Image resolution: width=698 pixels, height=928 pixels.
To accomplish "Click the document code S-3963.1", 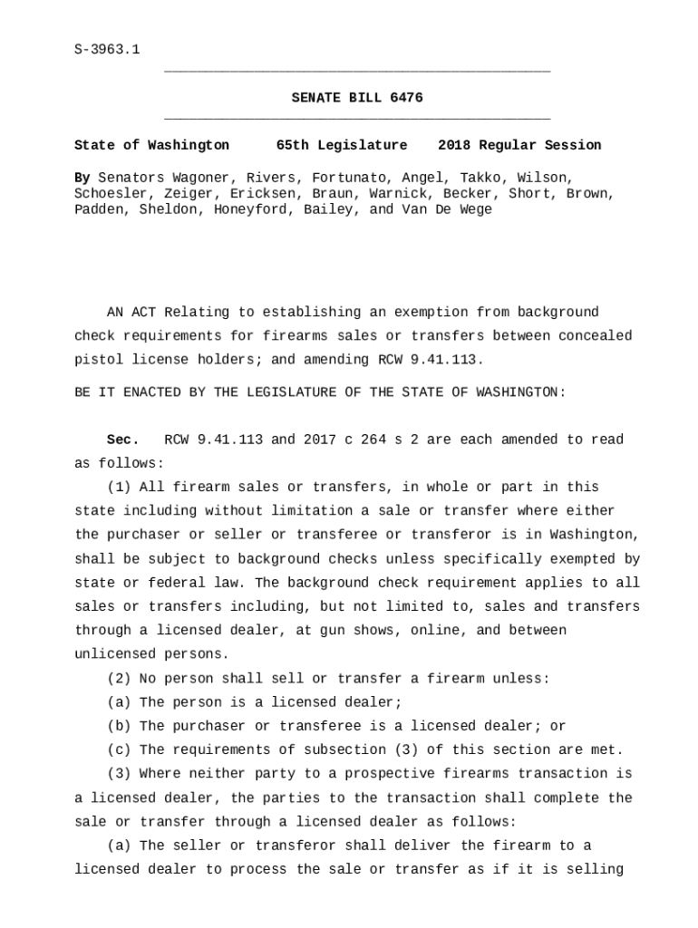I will pyautogui.click(x=107, y=49).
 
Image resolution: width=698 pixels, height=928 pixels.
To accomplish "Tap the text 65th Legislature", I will pyautogui.click(x=342, y=145).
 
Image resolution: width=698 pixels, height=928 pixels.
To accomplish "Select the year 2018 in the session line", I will pyautogui.click(x=454, y=145).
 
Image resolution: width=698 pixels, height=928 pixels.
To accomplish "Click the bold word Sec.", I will pyautogui.click(x=123, y=440).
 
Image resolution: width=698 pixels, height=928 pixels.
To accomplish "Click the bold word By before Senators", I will pyautogui.click(x=82, y=178).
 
